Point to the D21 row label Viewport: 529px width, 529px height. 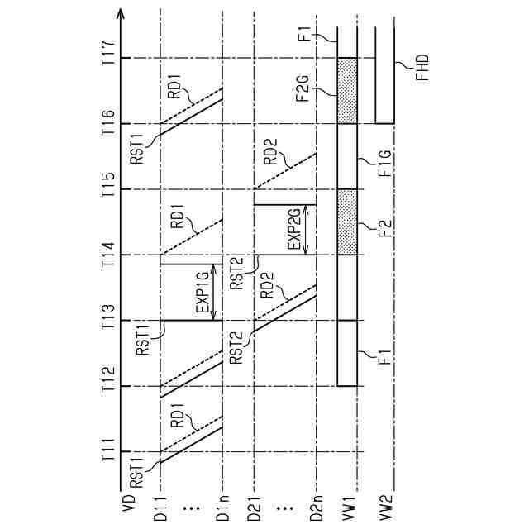click(x=254, y=506)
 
